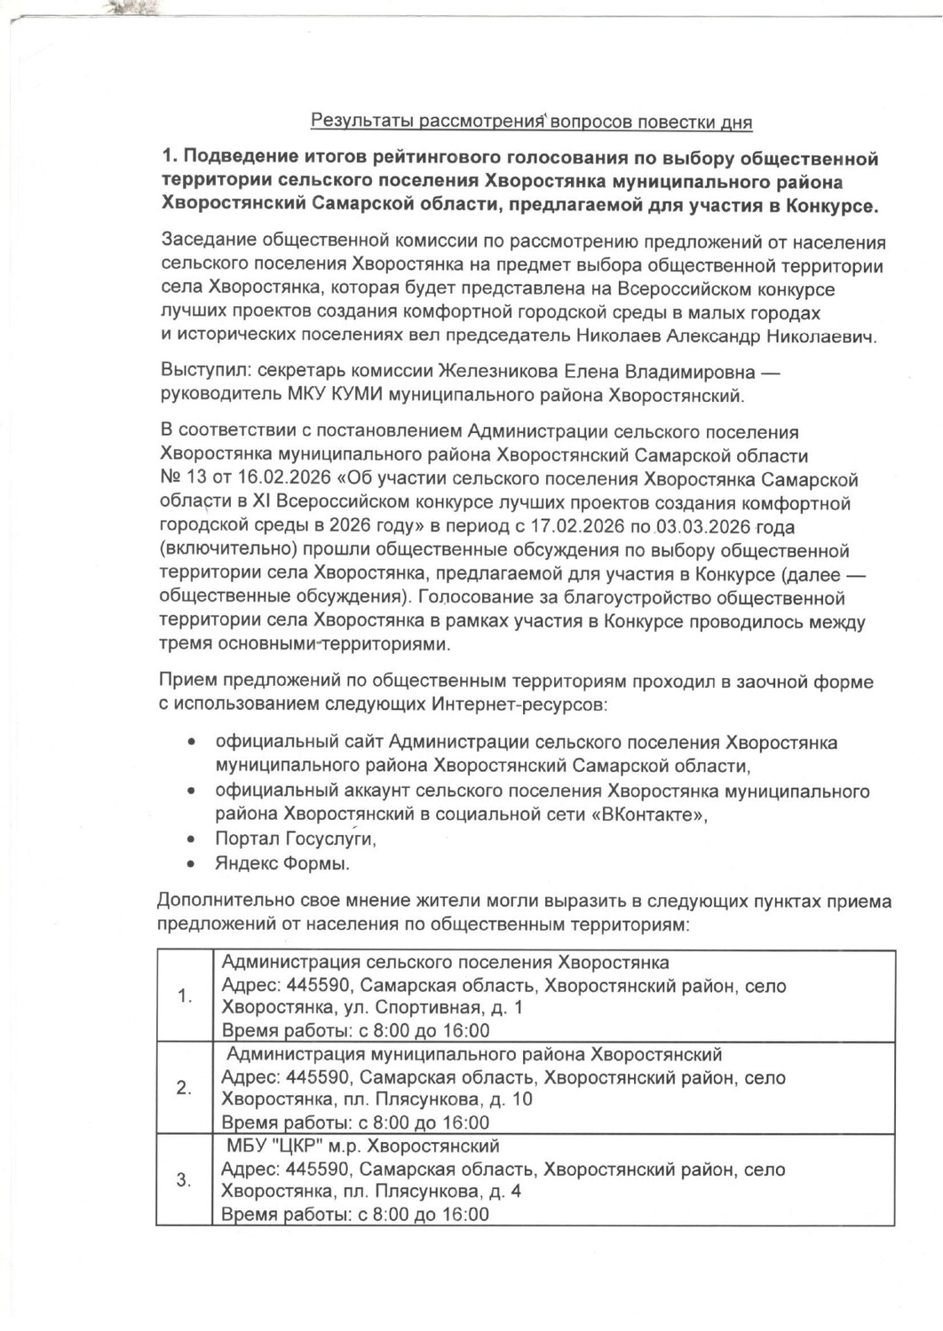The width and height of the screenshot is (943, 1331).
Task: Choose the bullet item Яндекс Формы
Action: (282, 862)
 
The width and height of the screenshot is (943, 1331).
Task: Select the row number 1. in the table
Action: (185, 996)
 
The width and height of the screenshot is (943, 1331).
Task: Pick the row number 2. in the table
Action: (185, 1088)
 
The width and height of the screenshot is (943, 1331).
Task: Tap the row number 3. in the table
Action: (185, 1180)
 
